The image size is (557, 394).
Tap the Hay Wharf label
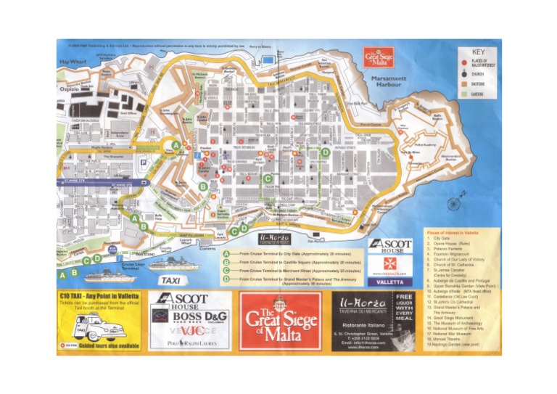[73, 62]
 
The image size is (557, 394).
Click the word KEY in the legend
[479, 52]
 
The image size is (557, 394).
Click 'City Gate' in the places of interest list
[441, 238]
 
